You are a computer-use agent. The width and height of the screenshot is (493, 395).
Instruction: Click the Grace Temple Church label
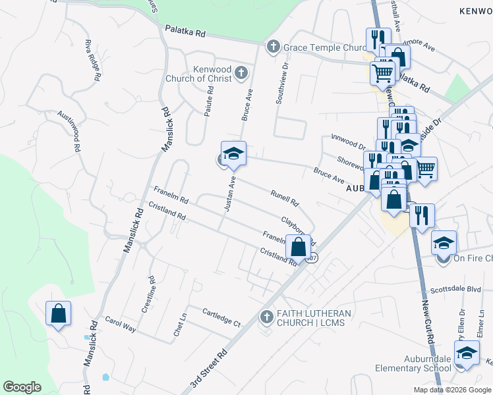pos(324,47)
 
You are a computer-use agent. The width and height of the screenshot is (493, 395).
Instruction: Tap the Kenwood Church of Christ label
pos(212,74)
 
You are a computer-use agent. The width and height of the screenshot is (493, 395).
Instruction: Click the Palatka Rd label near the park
pos(185,32)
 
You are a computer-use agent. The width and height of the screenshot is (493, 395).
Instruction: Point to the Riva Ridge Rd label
pos(92,60)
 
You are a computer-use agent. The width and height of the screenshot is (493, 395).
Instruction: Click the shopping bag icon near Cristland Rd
pos(299,248)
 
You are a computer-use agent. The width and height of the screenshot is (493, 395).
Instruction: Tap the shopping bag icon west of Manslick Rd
pos(58,314)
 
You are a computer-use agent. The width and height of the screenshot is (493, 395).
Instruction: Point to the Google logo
pos(22,387)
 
